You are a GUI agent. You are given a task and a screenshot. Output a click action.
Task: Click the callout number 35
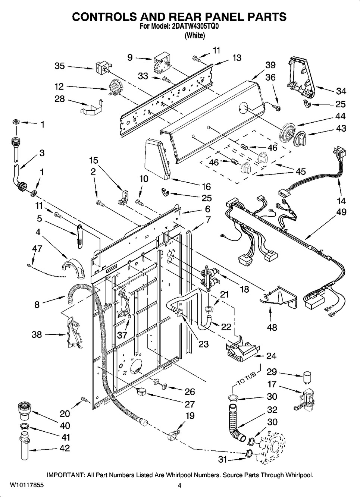pos(60,66)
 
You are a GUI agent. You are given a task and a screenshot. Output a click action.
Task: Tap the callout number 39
pos(270,65)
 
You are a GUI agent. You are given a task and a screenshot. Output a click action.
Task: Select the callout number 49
pos(341,212)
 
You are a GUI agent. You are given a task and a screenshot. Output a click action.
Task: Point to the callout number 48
pos(272,327)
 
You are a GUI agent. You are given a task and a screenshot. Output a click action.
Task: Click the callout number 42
pos(65,448)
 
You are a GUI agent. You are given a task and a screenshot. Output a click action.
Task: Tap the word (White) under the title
pos(195,36)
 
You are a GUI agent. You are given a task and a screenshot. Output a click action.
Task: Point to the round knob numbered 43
pos(299,140)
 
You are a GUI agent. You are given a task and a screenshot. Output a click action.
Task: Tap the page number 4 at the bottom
pos(179,485)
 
